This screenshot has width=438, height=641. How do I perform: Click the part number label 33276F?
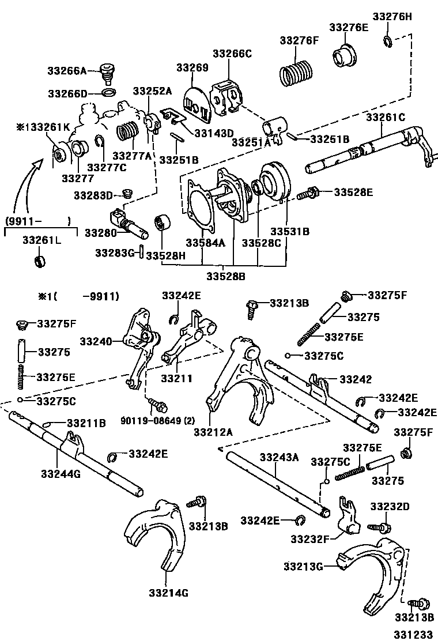(x=299, y=40)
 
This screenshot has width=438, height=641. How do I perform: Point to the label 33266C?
(x=232, y=54)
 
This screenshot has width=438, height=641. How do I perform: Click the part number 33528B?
(x=226, y=276)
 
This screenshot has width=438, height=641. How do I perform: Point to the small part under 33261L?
(x=40, y=262)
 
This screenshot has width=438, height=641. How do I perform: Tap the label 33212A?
(x=213, y=431)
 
